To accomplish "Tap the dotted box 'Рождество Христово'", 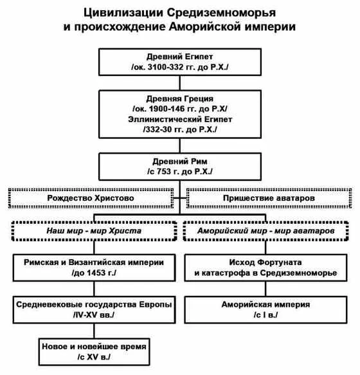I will (91, 199).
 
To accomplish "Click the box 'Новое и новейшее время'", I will (94, 351).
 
